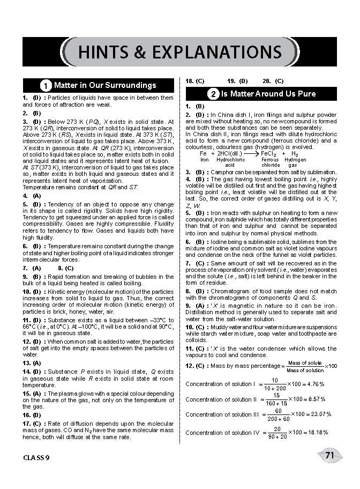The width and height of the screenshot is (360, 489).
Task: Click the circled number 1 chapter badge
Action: pyautogui.click(x=47, y=85)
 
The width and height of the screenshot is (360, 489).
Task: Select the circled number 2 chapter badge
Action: pyautogui.click(x=213, y=94)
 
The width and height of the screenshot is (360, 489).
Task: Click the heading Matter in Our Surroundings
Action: pyautogui.click(x=105, y=85)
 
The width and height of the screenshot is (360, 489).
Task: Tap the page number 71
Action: pyautogui.click(x=329, y=456)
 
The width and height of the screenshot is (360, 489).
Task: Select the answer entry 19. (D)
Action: pyautogui.click(x=237, y=81)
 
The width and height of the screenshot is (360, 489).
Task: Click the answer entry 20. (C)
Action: pyautogui.click(x=273, y=81)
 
